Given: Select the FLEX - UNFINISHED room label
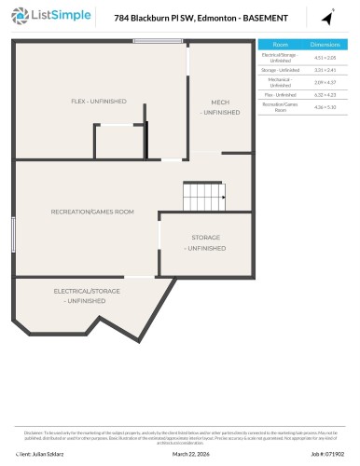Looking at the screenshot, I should [x=99, y=101].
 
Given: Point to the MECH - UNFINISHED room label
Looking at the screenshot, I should [x=219, y=106].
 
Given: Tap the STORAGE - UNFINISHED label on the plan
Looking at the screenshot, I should [x=205, y=243].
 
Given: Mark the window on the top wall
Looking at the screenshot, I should [x=157, y=40].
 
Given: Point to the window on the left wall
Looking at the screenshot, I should [x=15, y=232].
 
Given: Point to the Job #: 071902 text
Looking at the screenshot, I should [x=332, y=455].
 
